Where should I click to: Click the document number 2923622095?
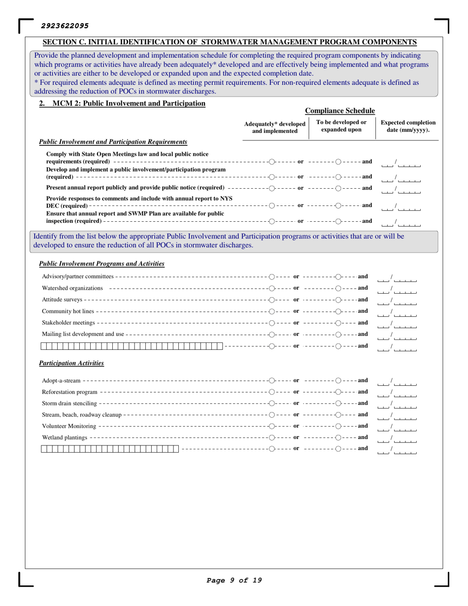[x=65, y=25]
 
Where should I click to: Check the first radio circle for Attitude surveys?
[x=272, y=299]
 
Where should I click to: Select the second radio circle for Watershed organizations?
[x=338, y=288]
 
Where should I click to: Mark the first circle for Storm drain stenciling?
[x=272, y=404]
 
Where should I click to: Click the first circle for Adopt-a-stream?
[x=272, y=380]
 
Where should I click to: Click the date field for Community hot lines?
[x=397, y=313]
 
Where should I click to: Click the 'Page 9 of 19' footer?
[x=234, y=580]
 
